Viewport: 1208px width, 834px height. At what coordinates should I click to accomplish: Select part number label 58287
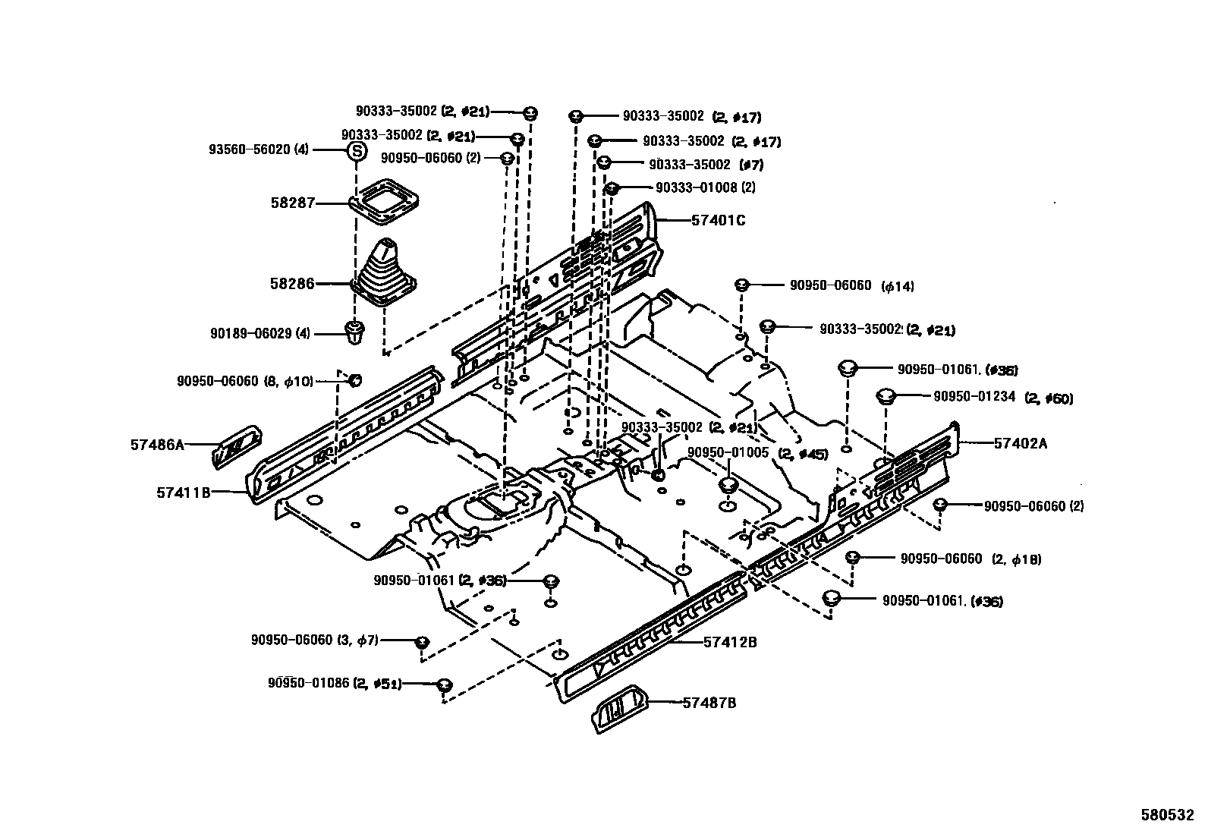[293, 203]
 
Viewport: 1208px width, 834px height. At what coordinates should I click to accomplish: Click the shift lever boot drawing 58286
[385, 275]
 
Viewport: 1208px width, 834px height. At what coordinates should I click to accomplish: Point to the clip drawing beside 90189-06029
[354, 333]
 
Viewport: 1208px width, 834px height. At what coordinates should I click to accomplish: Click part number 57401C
[718, 221]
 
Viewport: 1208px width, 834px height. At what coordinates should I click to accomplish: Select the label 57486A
[157, 445]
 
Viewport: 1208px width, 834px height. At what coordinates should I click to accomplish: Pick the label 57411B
[183, 493]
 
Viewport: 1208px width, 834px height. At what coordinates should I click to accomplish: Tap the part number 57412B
[729, 642]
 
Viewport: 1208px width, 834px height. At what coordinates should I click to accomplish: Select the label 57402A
[1020, 444]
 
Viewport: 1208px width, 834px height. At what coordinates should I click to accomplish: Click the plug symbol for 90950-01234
[885, 396]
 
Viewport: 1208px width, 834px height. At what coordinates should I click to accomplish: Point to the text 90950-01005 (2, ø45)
[757, 453]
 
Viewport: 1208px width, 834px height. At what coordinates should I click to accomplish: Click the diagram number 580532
[1167, 816]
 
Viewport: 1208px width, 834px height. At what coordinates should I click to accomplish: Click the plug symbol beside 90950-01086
[445, 685]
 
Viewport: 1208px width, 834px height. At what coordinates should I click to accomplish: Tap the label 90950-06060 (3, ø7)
[314, 640]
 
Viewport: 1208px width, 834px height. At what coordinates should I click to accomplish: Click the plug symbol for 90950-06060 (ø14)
[742, 285]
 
